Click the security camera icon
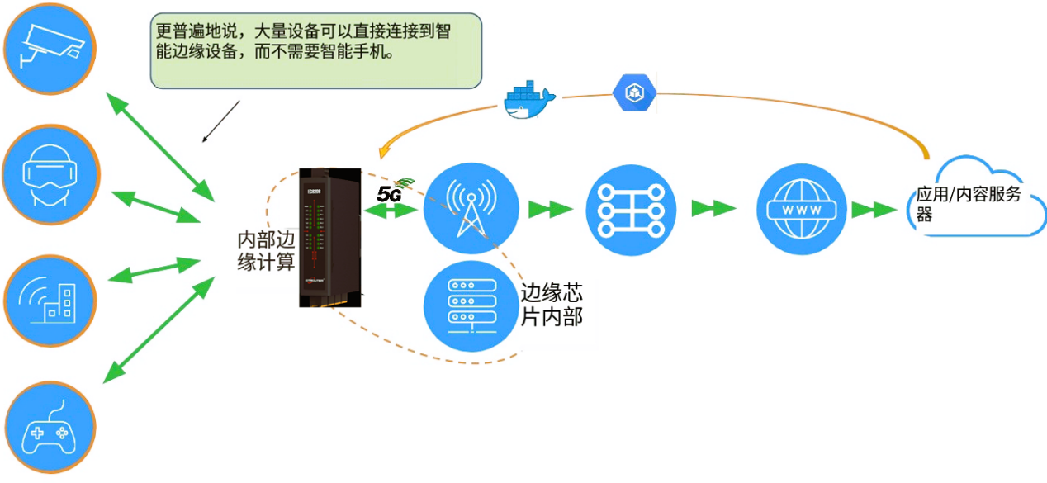pos(50,47)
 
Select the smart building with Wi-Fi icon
pos(52,299)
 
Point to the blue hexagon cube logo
pos(635,92)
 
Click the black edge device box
pos(330,235)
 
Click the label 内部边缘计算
pos(266,251)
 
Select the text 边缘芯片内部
pos(551,305)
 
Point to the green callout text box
pos(315,50)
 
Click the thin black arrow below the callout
pos(221,121)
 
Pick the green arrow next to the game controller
pos(157,330)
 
